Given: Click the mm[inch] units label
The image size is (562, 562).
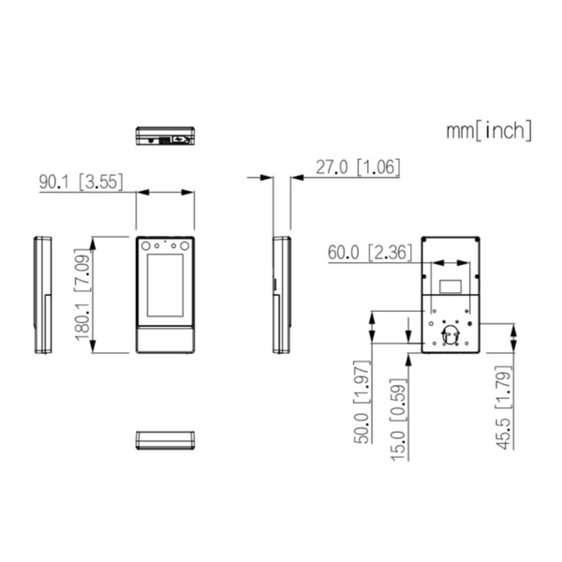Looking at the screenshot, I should (x=489, y=130).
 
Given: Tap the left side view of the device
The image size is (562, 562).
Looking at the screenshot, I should (x=43, y=295).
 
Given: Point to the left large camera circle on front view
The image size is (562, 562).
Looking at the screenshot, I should (x=151, y=247).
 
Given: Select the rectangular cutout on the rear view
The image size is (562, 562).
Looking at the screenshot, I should (x=451, y=281).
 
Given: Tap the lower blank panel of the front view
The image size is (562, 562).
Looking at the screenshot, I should (x=166, y=338).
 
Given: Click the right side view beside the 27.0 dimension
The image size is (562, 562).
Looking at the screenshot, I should (x=281, y=295).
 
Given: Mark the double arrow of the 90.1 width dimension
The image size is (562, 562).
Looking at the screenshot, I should (x=166, y=192).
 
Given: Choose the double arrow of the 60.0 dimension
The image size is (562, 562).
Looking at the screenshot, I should (x=451, y=264).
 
